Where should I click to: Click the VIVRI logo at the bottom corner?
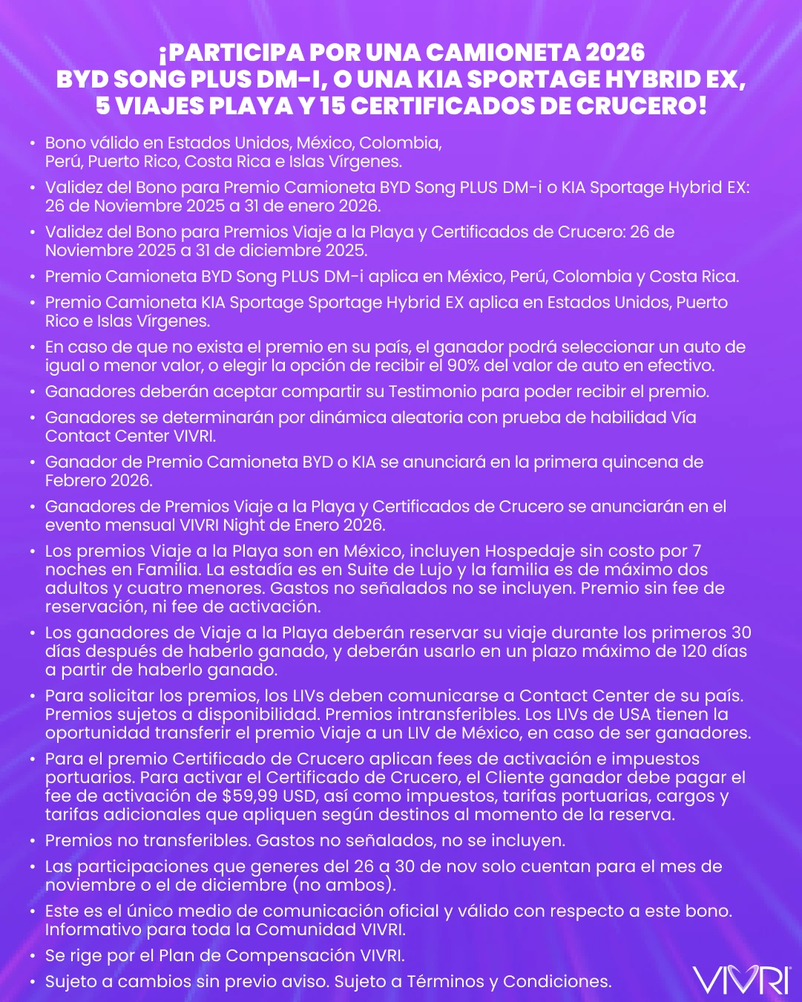[741, 980]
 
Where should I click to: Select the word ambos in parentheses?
[366, 885]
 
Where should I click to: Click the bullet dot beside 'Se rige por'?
[32, 956]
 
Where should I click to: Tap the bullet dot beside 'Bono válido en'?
[32, 143]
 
